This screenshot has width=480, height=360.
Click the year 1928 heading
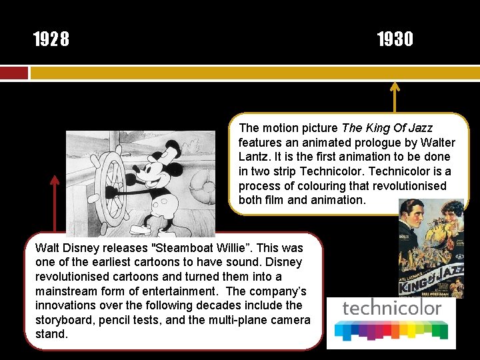pyautogui.click(x=51, y=40)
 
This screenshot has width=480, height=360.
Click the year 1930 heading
pyautogui.click(x=395, y=40)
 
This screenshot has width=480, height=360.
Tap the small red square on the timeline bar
pyautogui.click(x=14, y=73)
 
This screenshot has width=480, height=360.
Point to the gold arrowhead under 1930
pyautogui.click(x=395, y=87)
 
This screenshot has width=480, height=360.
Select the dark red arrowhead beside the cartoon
pyautogui.click(x=55, y=180)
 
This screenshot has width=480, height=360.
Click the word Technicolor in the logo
pyautogui.click(x=391, y=308)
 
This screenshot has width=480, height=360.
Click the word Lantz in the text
pyautogui.click(x=254, y=157)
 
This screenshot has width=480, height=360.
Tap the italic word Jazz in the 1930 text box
pyautogui.click(x=419, y=128)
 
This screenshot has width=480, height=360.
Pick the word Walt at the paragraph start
pyautogui.click(x=47, y=247)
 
